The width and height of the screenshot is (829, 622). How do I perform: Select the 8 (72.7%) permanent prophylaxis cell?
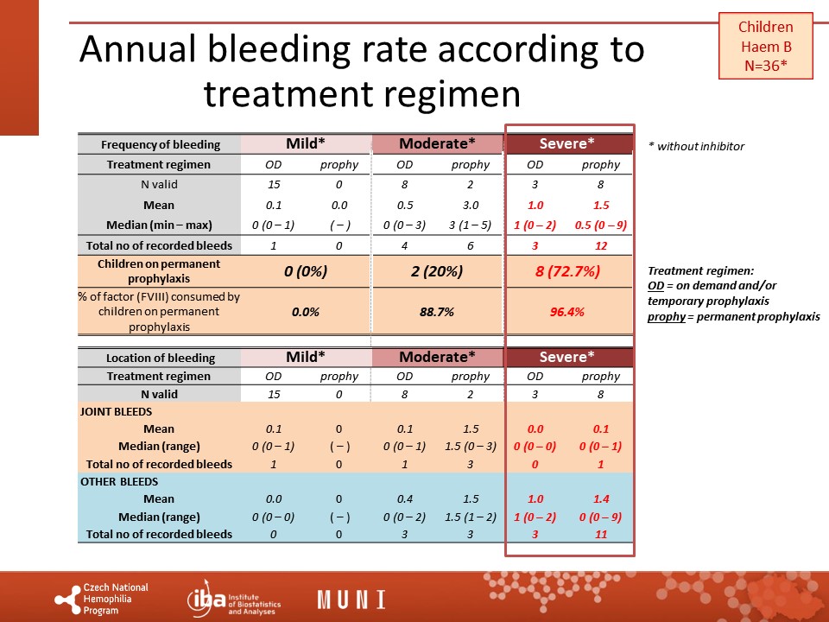coord(568,270)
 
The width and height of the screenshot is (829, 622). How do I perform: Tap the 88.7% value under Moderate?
coord(437,311)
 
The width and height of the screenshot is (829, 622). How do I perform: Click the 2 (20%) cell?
coord(437,270)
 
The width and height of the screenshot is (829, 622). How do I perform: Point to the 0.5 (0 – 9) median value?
coord(601,225)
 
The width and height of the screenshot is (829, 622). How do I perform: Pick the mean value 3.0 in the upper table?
coord(470,205)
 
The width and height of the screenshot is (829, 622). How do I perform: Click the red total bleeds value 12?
coord(601,246)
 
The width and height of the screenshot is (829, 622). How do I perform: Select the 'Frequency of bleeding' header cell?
coord(161,144)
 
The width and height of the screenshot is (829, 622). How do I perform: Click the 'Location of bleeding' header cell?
coord(161,358)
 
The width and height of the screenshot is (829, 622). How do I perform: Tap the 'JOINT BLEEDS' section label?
coord(117,412)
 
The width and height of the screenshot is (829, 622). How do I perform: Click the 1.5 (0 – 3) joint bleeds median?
coord(470,447)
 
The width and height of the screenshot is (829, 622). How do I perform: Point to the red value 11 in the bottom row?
coord(601,534)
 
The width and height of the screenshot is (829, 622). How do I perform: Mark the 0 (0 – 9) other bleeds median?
coord(601,517)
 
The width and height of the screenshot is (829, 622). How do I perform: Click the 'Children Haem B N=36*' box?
coord(765,47)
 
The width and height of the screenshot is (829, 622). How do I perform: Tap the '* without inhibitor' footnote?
coord(696,146)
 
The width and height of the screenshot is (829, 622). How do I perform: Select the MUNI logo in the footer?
coord(351,600)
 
